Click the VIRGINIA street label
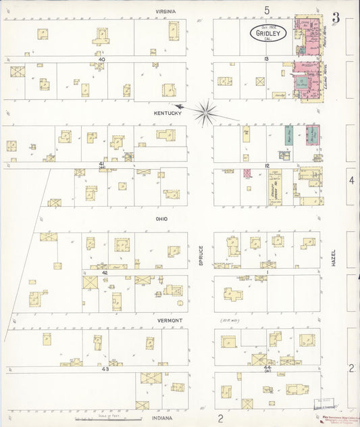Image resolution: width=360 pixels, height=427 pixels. [165, 11]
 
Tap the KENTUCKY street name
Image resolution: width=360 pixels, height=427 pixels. [168, 113]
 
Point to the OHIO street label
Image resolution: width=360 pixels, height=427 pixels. [161, 219]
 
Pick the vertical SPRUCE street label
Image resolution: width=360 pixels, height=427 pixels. [201, 255]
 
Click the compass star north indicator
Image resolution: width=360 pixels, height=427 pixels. [205, 111]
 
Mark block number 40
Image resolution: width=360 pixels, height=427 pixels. [101, 59]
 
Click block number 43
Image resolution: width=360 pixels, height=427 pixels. [105, 369]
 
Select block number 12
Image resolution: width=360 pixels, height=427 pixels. [267, 166]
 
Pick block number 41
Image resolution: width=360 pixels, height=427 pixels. [101, 164]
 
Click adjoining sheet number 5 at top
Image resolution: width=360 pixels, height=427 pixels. [267, 9]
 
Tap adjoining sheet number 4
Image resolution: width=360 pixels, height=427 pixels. [351, 180]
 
